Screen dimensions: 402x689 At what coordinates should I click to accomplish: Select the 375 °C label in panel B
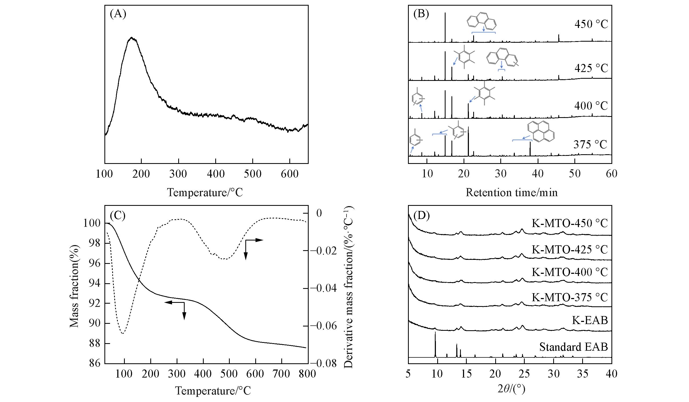tap(590, 145)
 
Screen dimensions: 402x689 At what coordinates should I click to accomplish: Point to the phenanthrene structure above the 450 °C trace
tap(482, 21)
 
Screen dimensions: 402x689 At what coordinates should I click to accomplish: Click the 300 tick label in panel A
tap(178, 174)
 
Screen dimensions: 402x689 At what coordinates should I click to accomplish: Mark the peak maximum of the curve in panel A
tap(132, 38)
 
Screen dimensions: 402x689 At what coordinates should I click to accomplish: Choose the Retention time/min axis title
tap(511, 193)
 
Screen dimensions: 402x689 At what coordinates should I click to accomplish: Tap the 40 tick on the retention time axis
tap(538, 174)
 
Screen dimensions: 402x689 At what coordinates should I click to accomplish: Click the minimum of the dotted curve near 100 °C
tap(123, 333)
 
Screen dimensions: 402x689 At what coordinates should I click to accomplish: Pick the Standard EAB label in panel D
tap(573, 347)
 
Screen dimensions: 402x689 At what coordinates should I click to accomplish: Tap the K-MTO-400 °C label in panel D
tap(570, 272)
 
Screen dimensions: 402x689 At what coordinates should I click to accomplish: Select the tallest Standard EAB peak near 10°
tap(435, 332)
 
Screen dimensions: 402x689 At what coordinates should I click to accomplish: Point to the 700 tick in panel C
tap(282, 374)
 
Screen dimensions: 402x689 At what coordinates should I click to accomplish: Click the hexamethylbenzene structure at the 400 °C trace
tap(485, 96)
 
